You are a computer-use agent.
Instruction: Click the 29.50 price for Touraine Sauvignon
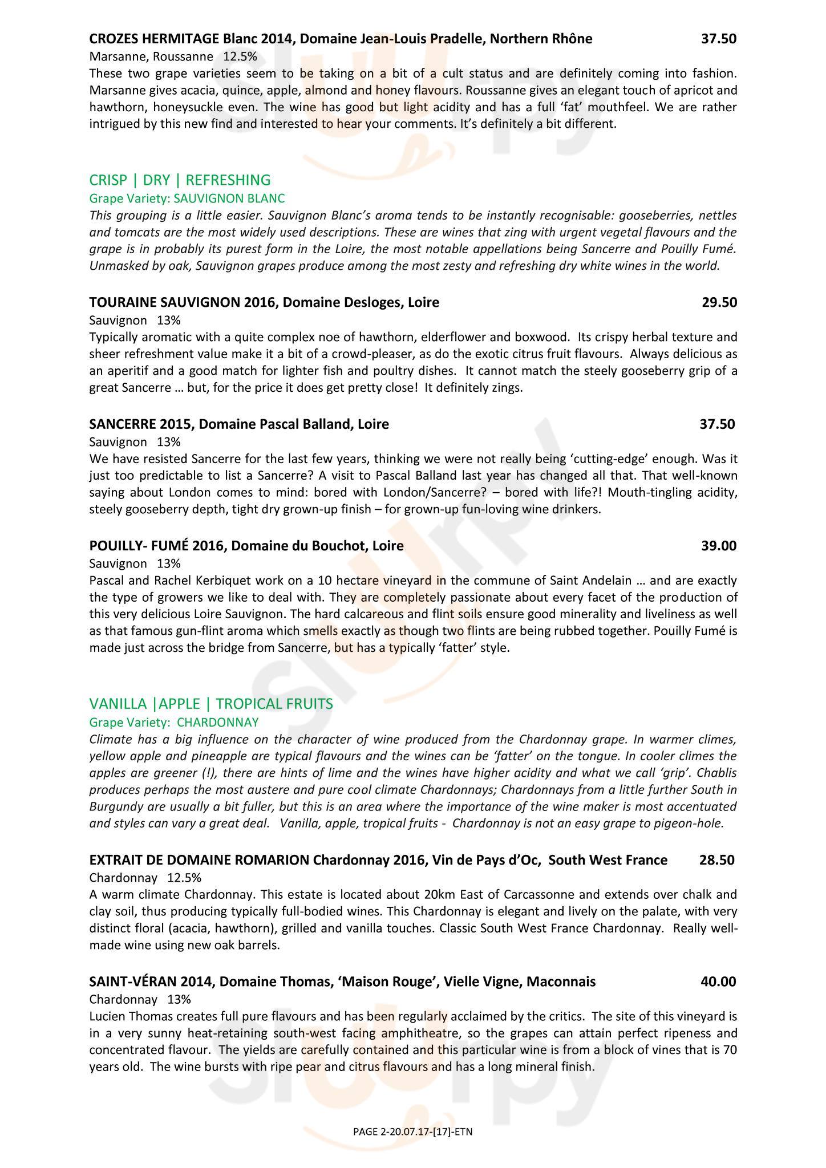pos(719,302)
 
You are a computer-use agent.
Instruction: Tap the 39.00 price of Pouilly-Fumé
pos(719,546)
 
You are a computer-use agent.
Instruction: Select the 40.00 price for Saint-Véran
pos(718,982)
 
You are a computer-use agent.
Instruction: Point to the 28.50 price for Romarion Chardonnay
pos(716,860)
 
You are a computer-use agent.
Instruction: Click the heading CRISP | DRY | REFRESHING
pos(180,180)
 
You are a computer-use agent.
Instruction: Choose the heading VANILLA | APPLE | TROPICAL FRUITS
pos(211,704)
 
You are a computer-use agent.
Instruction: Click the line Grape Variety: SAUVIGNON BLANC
pos(187,198)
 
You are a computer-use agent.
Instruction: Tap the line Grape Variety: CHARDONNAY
pos(174,723)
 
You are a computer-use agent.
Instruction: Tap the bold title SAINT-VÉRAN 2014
pos(151,982)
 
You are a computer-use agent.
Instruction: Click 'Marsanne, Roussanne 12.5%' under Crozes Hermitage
pos(173,56)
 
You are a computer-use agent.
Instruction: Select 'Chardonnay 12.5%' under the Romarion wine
pos(145,877)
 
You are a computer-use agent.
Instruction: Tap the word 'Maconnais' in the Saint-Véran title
pos(561,982)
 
